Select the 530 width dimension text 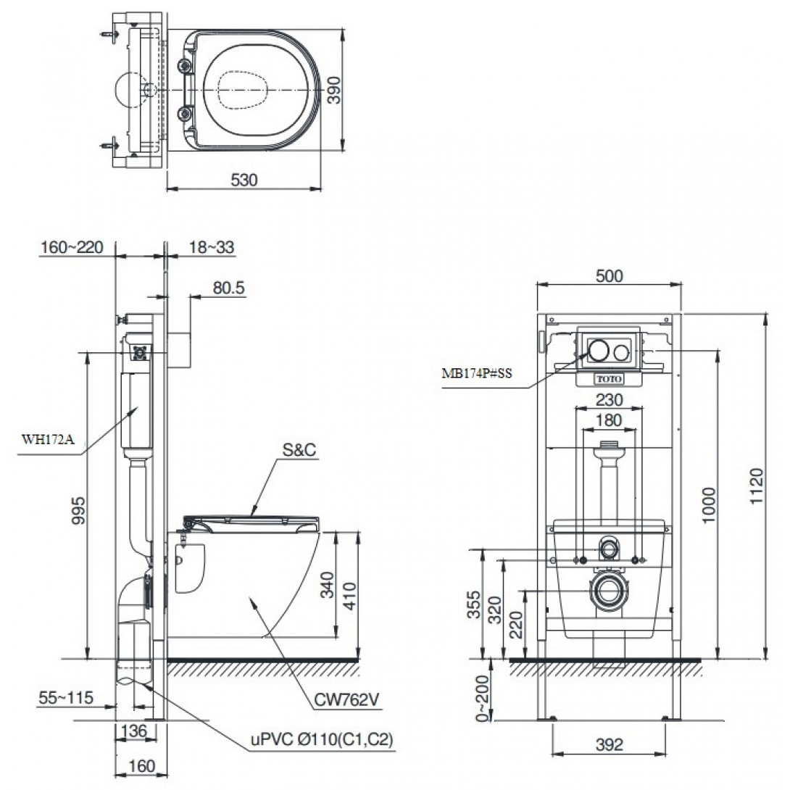(245, 180)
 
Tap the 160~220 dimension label (72, 247)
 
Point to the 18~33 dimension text (211, 247)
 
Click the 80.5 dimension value (230, 288)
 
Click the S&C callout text (298, 450)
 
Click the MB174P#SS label (478, 374)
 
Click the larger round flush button (598, 351)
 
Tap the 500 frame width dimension (609, 275)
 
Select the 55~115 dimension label (66, 697)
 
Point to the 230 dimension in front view (609, 399)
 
